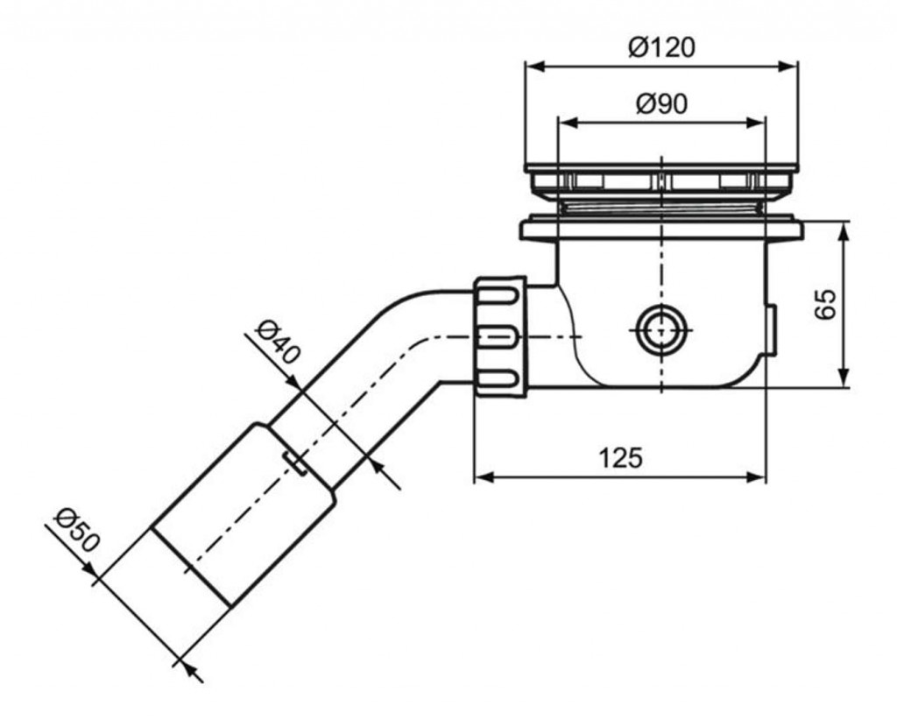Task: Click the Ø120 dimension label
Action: (661, 47)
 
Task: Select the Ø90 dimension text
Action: (661, 104)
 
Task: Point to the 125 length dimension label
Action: (621, 457)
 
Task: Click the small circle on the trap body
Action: (661, 330)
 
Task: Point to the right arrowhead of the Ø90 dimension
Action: (755, 123)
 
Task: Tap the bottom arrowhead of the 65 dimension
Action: (844, 378)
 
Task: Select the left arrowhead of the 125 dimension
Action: (484, 476)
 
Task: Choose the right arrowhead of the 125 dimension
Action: (756, 476)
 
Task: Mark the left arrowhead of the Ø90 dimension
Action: (568, 123)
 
